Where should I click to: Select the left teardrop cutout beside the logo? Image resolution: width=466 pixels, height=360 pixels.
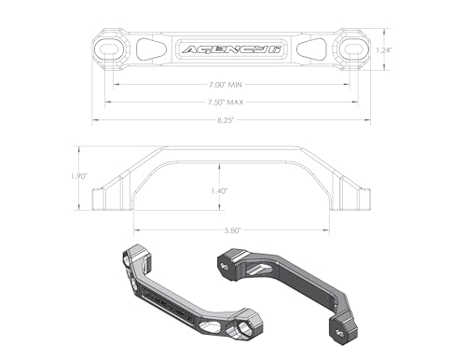[x=149, y=48]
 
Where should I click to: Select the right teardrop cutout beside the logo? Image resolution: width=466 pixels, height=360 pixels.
[x=313, y=48]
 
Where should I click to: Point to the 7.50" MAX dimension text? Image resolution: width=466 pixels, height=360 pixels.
[x=231, y=102]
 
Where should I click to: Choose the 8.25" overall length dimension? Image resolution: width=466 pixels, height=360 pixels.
[x=231, y=119]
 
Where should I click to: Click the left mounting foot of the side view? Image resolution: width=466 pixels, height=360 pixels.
[x=104, y=198]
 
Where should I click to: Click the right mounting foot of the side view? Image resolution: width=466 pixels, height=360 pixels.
[x=356, y=198]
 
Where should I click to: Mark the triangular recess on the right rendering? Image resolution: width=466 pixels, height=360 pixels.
[x=265, y=270]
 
